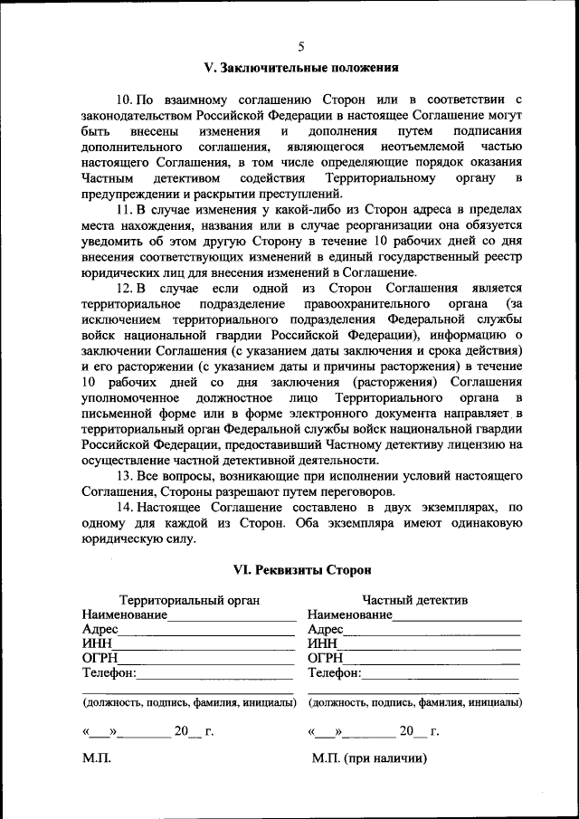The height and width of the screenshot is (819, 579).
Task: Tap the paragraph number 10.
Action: pos(127,99)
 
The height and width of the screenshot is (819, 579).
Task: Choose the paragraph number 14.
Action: pos(127,509)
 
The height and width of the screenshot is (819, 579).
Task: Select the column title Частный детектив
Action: pos(415,599)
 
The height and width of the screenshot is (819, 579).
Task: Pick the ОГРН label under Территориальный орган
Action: pos(100,658)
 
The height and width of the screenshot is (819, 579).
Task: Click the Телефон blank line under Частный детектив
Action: pos(441,675)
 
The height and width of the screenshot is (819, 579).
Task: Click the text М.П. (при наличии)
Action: pos(369,758)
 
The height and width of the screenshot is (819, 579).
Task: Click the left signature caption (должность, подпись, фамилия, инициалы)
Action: pos(189,702)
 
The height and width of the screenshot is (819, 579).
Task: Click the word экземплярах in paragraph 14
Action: pos(462,509)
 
